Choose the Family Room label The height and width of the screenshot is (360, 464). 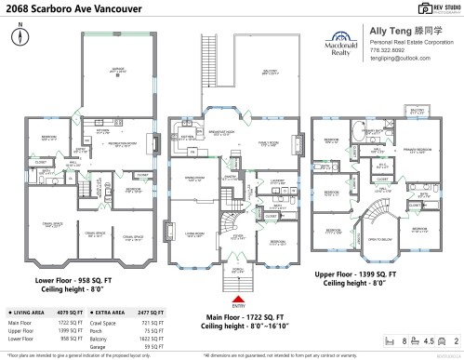[x=270, y=143]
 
